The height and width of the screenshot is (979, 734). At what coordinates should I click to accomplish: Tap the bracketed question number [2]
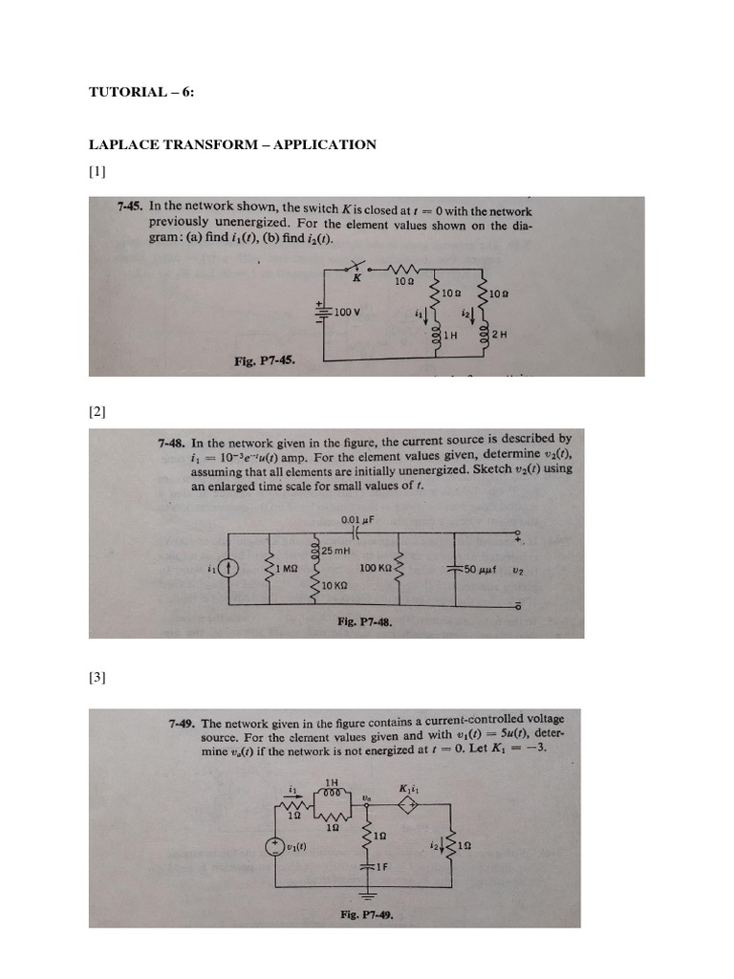point(98,412)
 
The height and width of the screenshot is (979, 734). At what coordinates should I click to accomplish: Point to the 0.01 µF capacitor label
point(356,520)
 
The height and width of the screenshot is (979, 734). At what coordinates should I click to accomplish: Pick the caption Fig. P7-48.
point(364,621)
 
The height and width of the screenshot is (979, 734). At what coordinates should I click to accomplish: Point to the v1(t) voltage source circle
point(276,846)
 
